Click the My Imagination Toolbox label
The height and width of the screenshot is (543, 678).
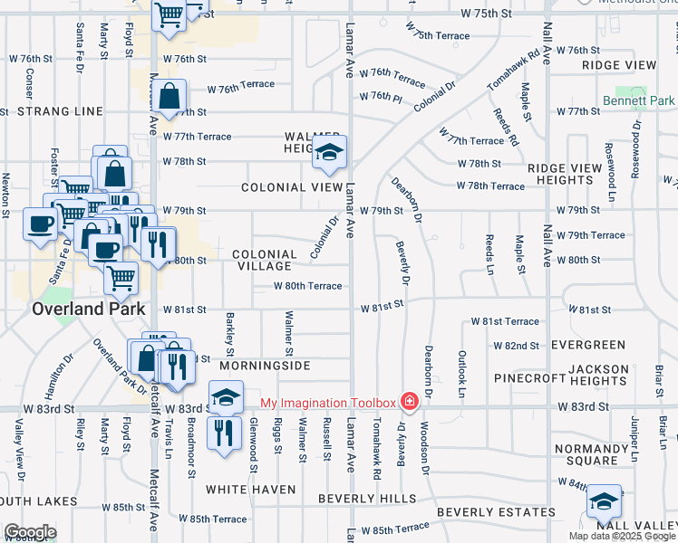pos(328,403)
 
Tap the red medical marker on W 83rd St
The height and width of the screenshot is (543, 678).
pos(410,401)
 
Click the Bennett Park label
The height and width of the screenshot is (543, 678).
pos(639,100)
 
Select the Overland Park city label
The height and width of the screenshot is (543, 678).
pos(89,309)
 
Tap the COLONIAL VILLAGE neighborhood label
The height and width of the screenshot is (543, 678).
pos(264,261)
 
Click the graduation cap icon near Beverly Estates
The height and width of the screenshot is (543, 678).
pos(605,501)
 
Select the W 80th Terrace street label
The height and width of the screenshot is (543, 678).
pos(309,286)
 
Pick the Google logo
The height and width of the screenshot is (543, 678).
pos(30,532)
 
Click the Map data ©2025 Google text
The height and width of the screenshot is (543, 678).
pos(622,536)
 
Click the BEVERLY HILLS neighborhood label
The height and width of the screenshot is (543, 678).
pos(367,499)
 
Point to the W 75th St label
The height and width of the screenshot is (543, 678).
pos(485,14)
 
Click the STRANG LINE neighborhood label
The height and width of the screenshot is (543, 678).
pos(66,111)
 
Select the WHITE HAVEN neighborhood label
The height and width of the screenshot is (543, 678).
pos(250,490)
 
